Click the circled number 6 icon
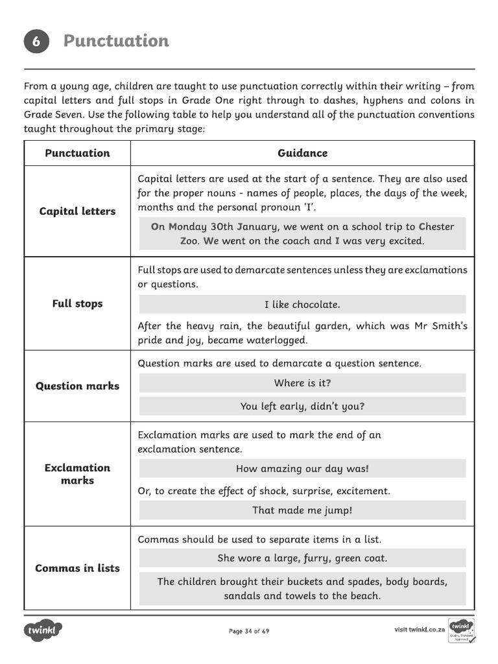click(x=36, y=41)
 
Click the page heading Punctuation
click(x=116, y=41)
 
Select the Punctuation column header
click(x=77, y=153)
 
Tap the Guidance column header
click(x=302, y=153)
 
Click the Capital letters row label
click(x=77, y=211)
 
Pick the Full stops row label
click(x=77, y=303)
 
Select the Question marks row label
click(x=77, y=386)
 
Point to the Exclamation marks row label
click(x=77, y=474)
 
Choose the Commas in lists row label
click(x=77, y=568)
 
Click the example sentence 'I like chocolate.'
click(x=302, y=305)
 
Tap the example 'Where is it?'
click(x=302, y=383)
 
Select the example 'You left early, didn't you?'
click(x=302, y=407)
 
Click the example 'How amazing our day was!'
click(x=302, y=469)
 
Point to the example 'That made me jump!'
click(x=302, y=510)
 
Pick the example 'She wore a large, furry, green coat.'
click(x=302, y=558)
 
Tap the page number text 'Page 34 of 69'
click(x=249, y=631)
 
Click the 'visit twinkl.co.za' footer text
click(x=419, y=630)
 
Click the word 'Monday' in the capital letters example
click(x=187, y=227)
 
